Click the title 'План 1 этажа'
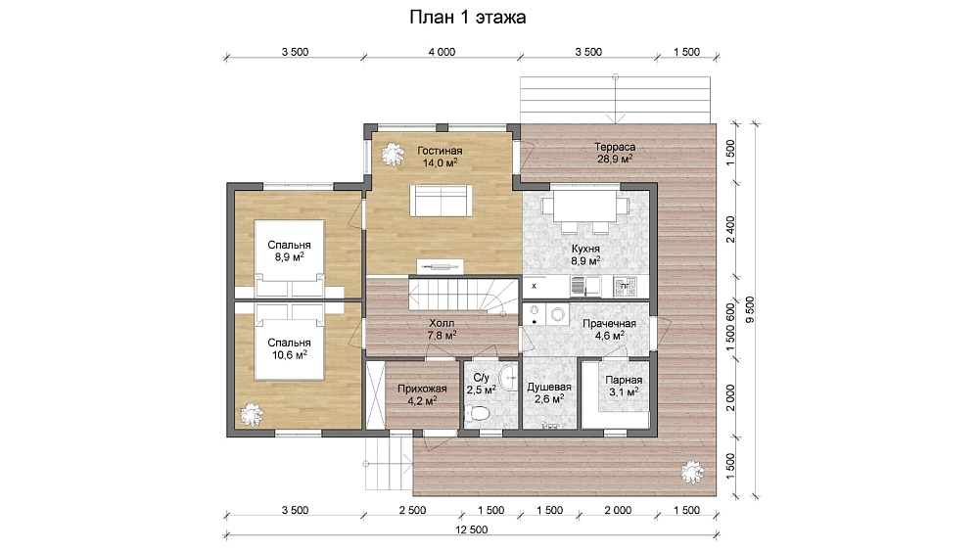467,17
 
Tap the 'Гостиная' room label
440,151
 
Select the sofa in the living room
441,201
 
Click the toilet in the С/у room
479,414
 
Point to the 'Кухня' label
585,249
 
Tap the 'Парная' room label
624,380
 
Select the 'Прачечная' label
609,323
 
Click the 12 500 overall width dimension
472,529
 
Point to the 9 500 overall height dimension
750,309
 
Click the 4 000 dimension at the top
442,52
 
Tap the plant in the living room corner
393,154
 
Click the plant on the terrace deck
692,472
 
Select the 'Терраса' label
615,147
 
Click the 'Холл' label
442,323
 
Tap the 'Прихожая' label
422,389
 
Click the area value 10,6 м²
289,354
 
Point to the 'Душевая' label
549,387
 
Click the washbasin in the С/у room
509,376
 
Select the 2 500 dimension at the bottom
413,510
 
